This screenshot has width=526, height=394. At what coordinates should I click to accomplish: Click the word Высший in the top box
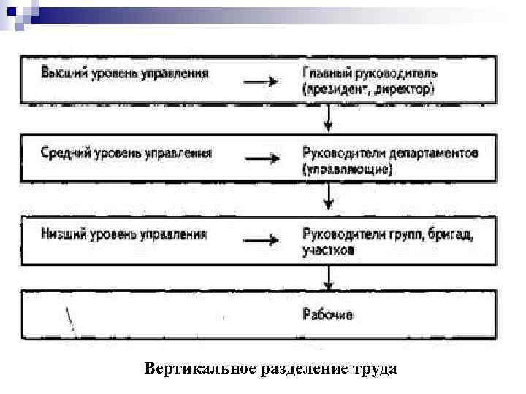tap(61, 73)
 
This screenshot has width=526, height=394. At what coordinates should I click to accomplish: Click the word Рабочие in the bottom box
tap(327, 315)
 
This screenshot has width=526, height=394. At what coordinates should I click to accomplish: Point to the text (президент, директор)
tap(368, 90)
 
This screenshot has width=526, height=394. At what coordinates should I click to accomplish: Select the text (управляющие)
tap(347, 170)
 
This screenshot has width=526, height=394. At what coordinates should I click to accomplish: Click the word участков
tap(329, 250)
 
